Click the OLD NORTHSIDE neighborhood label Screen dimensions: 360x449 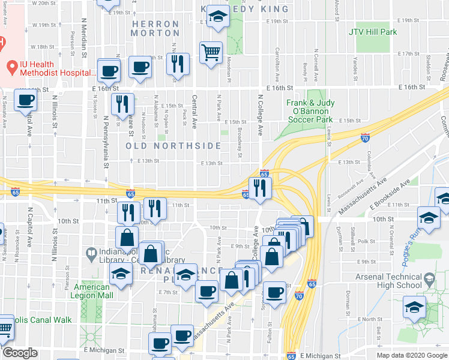click(173, 146)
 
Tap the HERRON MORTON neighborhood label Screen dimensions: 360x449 click(155, 29)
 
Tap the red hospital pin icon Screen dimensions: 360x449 click(11, 65)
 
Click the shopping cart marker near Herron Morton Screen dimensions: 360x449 click(211, 53)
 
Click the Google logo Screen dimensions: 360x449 click(20, 353)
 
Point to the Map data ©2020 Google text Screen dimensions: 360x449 click(412, 355)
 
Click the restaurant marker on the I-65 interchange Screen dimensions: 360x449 click(261, 188)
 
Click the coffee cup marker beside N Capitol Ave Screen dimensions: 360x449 click(25, 100)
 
